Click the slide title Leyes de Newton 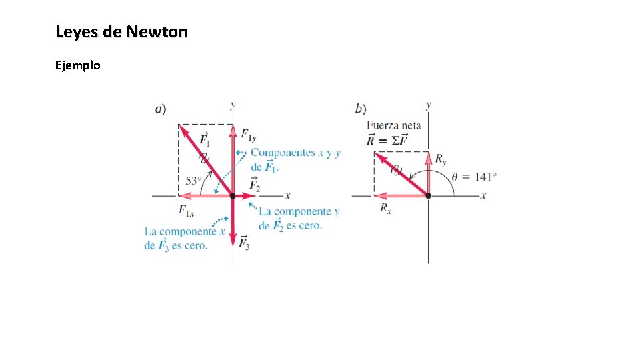pyautogui.click(x=121, y=32)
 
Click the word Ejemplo pyautogui.click(x=78, y=65)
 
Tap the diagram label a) pyautogui.click(x=161, y=109)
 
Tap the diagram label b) pyautogui.click(x=361, y=109)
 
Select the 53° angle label pyautogui.click(x=193, y=181)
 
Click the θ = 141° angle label pyautogui.click(x=475, y=177)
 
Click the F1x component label pyautogui.click(x=186, y=211)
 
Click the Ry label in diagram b pyautogui.click(x=441, y=159)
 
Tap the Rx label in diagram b pyautogui.click(x=386, y=209)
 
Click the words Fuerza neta pyautogui.click(x=394, y=125)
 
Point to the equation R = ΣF pyautogui.click(x=387, y=140)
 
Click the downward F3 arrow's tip pyautogui.click(x=233, y=245)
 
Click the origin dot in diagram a pyautogui.click(x=233, y=196)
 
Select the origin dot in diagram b pyautogui.click(x=428, y=196)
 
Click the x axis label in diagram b pyautogui.click(x=483, y=195)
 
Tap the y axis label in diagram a pyautogui.click(x=232, y=105)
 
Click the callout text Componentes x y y pyautogui.click(x=295, y=153)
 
